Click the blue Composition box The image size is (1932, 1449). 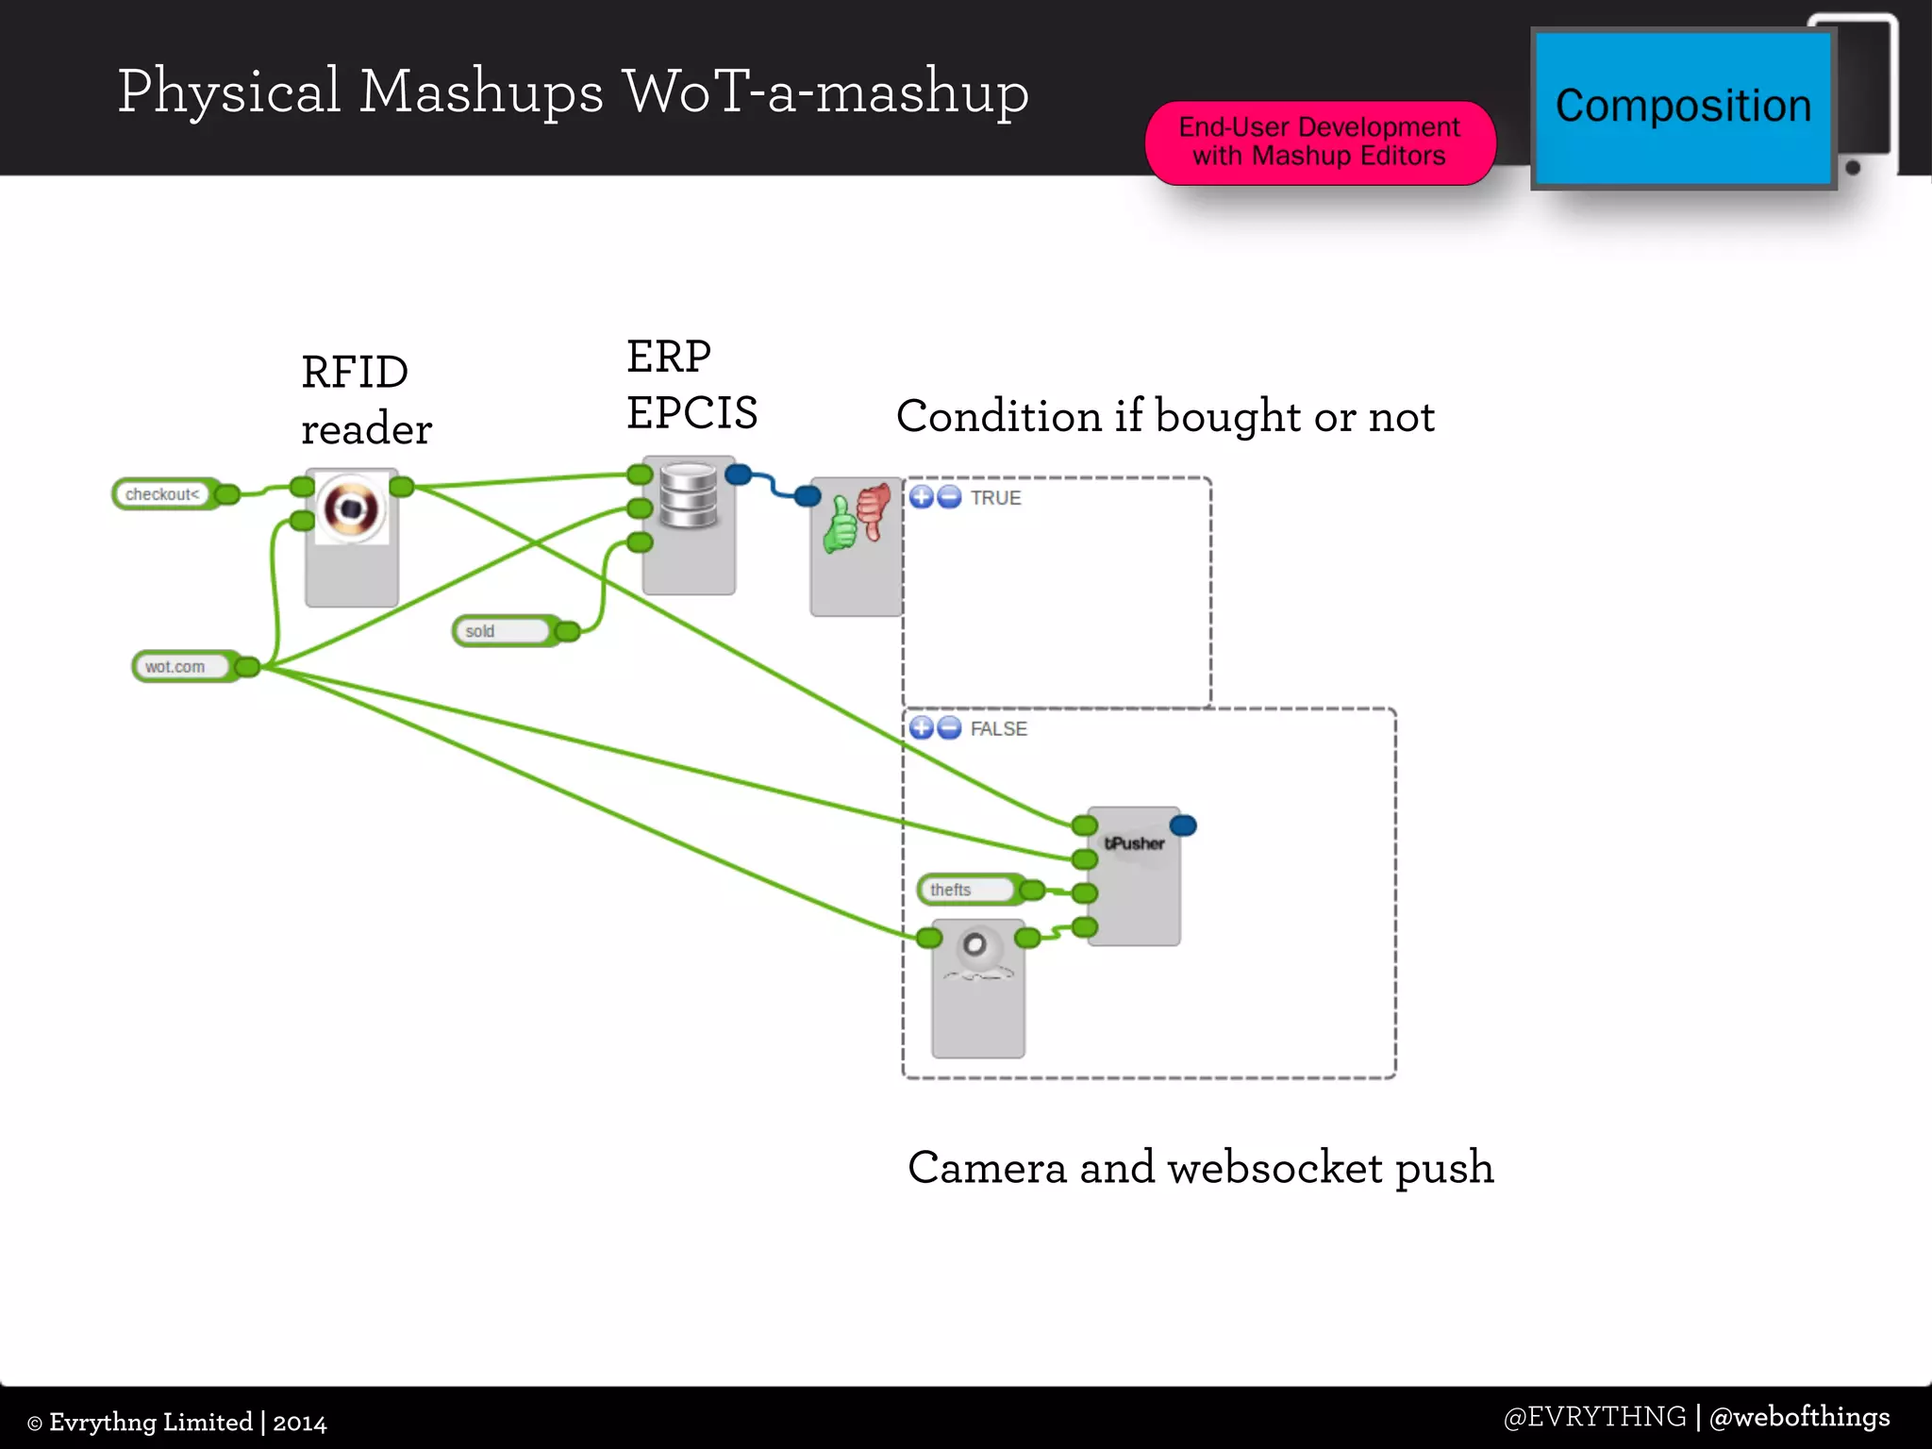coord(1682,108)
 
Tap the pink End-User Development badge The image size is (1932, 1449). coord(1319,142)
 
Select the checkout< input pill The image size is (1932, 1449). coord(163,494)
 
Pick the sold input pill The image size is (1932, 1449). coord(501,631)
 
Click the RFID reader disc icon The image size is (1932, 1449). coord(351,508)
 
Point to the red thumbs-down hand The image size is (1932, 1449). coord(874,509)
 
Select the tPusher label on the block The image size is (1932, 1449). coord(1134,843)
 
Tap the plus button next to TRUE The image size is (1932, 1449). coord(922,497)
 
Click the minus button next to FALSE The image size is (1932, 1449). coord(950,728)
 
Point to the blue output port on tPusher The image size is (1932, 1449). coord(1183,826)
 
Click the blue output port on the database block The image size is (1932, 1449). coord(739,475)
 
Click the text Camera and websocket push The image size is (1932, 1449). coord(1200,1168)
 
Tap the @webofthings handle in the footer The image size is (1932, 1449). coord(1799,1417)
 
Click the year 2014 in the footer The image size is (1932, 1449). coord(300,1423)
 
